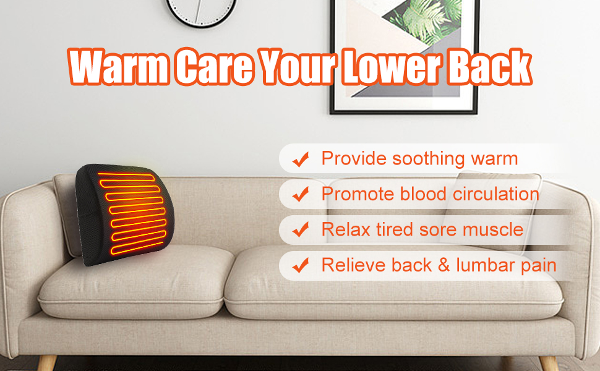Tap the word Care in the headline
click(x=213, y=67)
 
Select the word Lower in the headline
click(x=389, y=67)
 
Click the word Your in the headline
click(x=296, y=67)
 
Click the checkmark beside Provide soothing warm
click(x=301, y=160)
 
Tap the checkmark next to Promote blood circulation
click(x=301, y=195)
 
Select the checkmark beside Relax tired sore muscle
click(x=301, y=231)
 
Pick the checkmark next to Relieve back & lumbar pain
click(x=301, y=267)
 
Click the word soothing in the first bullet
click(x=421, y=159)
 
